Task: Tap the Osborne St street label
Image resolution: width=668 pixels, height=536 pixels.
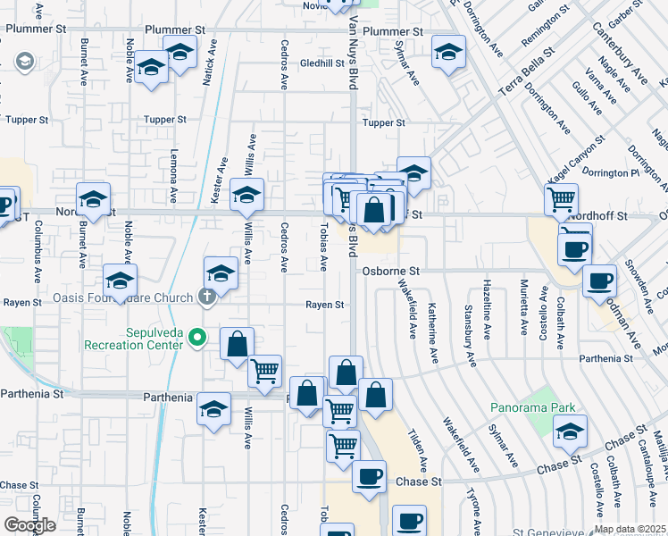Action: [390, 271]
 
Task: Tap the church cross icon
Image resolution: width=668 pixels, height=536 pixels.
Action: [206, 297]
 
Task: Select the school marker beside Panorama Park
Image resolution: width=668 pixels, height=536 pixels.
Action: [570, 431]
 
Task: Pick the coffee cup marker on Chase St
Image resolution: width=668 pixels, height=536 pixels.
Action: [369, 476]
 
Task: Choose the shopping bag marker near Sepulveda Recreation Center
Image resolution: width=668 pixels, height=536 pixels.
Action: [237, 344]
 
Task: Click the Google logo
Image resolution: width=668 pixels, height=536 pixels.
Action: [29, 525]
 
